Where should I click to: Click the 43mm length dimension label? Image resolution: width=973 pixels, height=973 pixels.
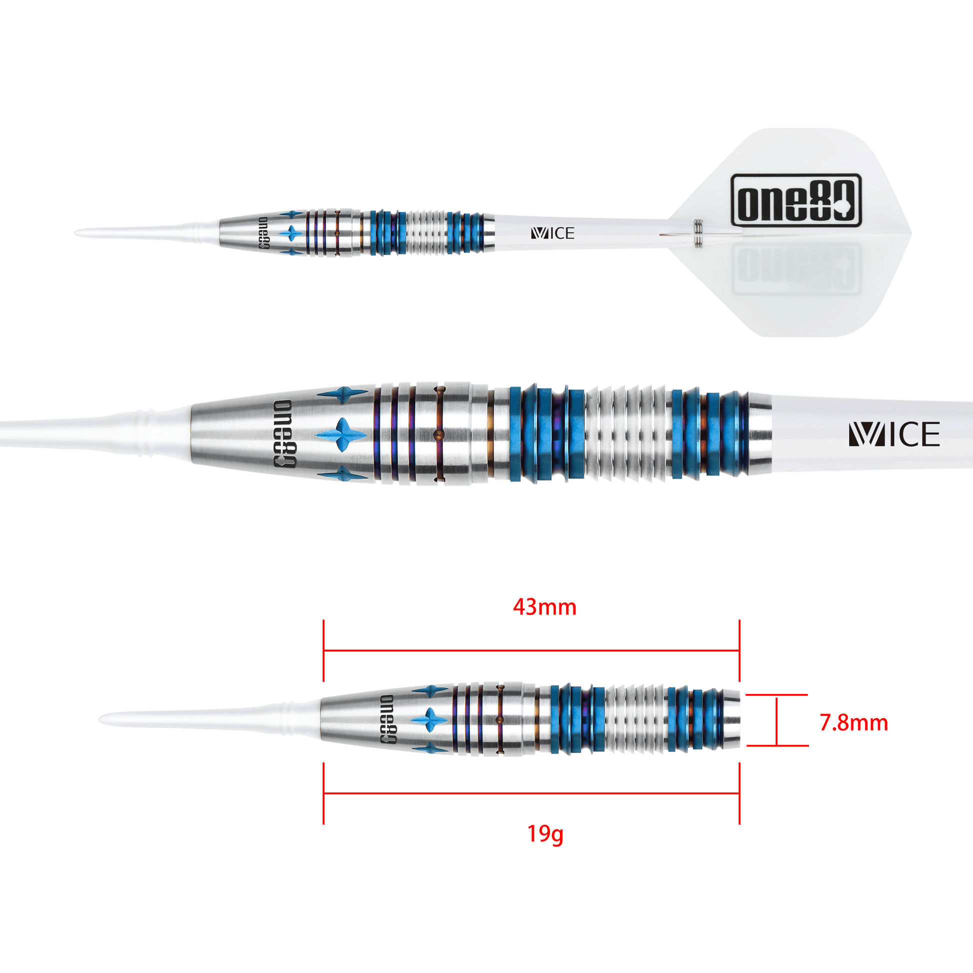[x=544, y=607]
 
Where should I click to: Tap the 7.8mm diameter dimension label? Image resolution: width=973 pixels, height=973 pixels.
[x=853, y=723]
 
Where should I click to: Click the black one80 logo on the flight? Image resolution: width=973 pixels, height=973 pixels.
[x=796, y=200]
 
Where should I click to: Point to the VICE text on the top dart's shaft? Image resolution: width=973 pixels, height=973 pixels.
[x=552, y=233]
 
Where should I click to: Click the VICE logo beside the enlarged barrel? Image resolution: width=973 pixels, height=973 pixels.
[x=894, y=434]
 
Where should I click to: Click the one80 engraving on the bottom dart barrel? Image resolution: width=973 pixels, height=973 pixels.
[x=388, y=719]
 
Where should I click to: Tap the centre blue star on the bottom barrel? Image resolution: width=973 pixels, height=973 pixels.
[x=429, y=719]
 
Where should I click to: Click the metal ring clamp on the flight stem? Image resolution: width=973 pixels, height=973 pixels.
[x=698, y=233]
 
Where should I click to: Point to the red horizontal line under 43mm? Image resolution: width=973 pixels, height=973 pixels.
[x=531, y=650]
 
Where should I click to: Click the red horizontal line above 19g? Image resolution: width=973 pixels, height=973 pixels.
[x=531, y=793]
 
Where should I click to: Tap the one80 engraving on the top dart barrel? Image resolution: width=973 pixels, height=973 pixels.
[x=263, y=233]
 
